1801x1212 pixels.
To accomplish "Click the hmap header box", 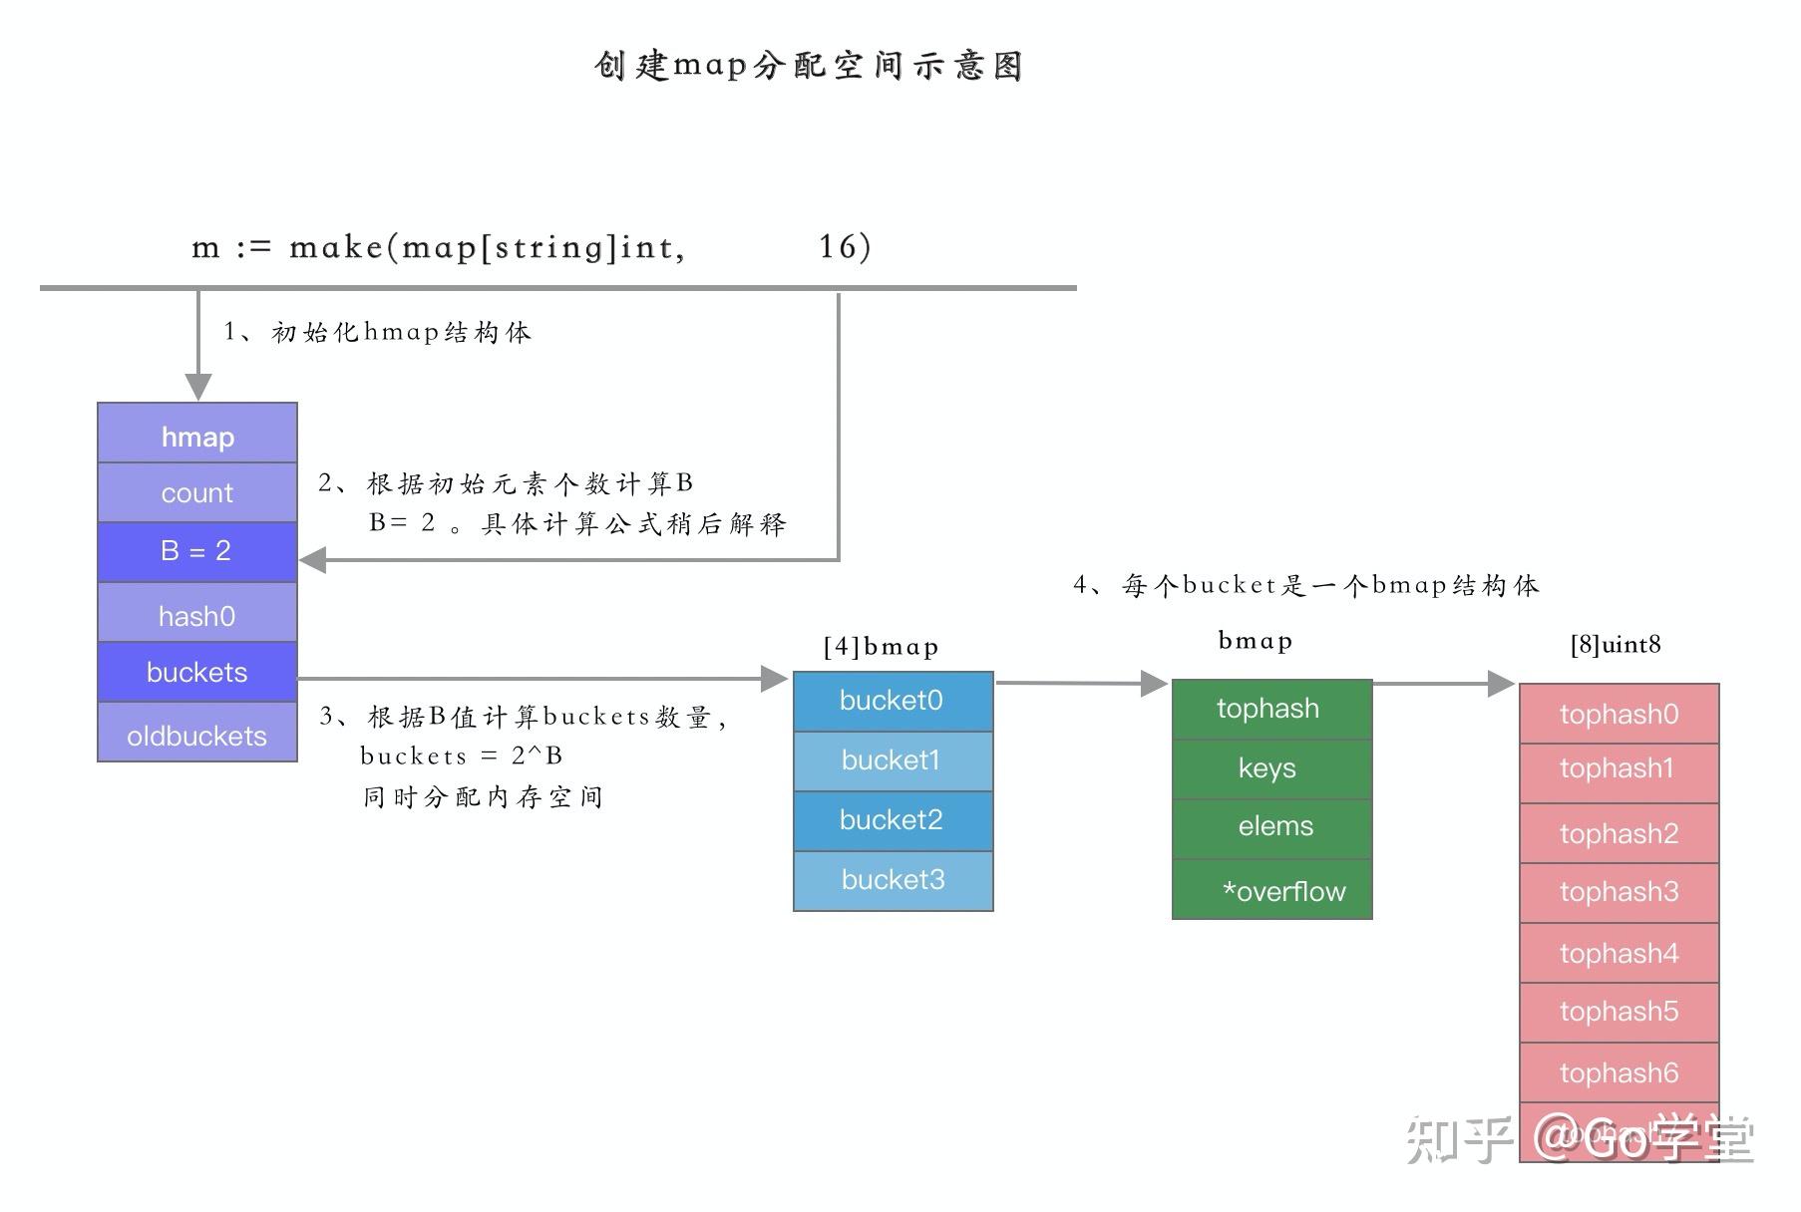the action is (x=197, y=435).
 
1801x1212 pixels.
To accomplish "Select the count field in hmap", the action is (x=197, y=492).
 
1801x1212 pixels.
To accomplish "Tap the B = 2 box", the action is (x=197, y=551).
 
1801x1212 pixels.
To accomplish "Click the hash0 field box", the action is (x=197, y=614).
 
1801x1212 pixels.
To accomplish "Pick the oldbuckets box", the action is (x=197, y=734).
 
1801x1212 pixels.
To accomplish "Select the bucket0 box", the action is (x=893, y=701).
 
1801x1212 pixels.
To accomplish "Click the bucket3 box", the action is (x=893, y=880).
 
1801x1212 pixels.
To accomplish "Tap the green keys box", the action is (x=1270, y=768).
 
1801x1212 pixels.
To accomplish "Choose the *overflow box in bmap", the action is (x=1272, y=889).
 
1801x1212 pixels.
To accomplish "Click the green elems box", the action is (x=1272, y=827).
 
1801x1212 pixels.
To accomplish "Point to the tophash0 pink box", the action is (x=1619, y=714).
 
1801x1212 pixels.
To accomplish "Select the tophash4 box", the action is (x=1619, y=953).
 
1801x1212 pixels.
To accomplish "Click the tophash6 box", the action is (x=1619, y=1072).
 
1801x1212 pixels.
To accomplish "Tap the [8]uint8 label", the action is (x=1616, y=645).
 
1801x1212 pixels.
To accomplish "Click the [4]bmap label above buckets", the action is (x=881, y=647).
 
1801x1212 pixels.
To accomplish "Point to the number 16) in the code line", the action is (x=845, y=246).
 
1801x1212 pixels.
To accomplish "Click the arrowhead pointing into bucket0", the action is (x=774, y=679).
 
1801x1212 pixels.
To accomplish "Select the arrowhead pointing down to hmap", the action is (x=198, y=387).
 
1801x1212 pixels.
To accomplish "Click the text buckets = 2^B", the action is (x=461, y=756).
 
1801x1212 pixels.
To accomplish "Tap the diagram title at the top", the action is (x=808, y=66).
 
